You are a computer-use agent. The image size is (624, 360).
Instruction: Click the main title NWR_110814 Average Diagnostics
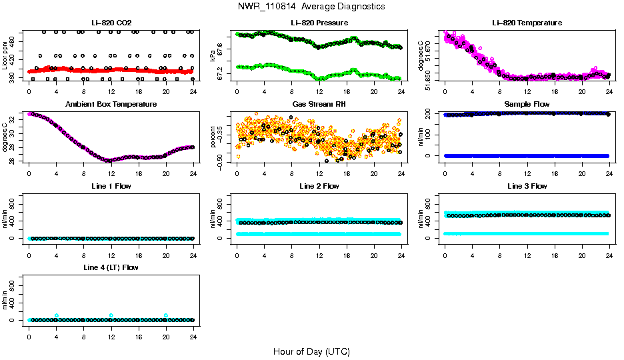(311, 7)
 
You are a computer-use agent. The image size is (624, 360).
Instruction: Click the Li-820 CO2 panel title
(111, 23)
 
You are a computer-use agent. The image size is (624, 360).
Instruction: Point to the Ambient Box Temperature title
(111, 104)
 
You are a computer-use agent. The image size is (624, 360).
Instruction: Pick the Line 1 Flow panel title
(111, 186)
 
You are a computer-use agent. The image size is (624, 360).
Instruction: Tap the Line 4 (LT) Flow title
(111, 267)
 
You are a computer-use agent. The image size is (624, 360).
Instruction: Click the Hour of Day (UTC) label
(311, 351)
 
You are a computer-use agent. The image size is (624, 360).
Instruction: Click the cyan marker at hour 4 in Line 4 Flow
(57, 315)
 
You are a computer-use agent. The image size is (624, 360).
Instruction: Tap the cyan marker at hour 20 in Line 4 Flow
(166, 315)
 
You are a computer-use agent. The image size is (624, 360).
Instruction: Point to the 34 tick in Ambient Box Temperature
(13, 114)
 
